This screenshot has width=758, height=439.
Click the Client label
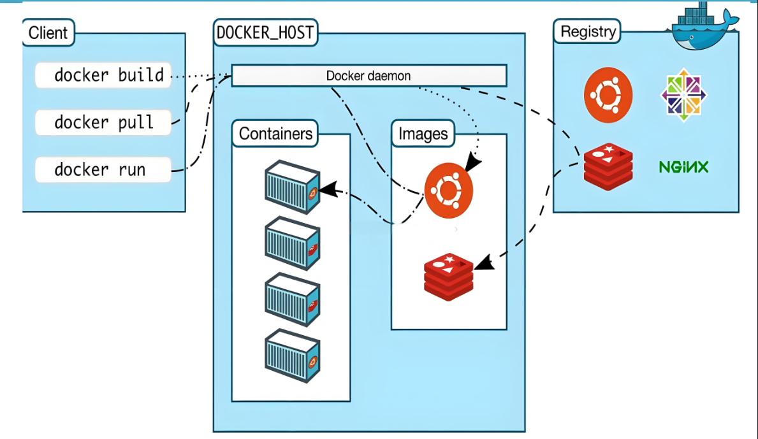[48, 33]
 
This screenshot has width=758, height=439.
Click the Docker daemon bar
[368, 75]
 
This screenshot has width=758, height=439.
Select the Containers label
[275, 134]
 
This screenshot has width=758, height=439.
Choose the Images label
[423, 134]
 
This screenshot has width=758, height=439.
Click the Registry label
[588, 31]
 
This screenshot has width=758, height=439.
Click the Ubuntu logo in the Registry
[608, 94]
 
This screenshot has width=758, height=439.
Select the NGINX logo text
[683, 167]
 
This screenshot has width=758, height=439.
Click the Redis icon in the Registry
[608, 167]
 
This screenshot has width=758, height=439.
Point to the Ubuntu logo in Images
[449, 190]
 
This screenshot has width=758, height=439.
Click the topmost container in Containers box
[291, 186]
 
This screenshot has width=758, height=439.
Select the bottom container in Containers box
[291, 356]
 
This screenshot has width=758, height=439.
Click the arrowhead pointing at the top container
[327, 189]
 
